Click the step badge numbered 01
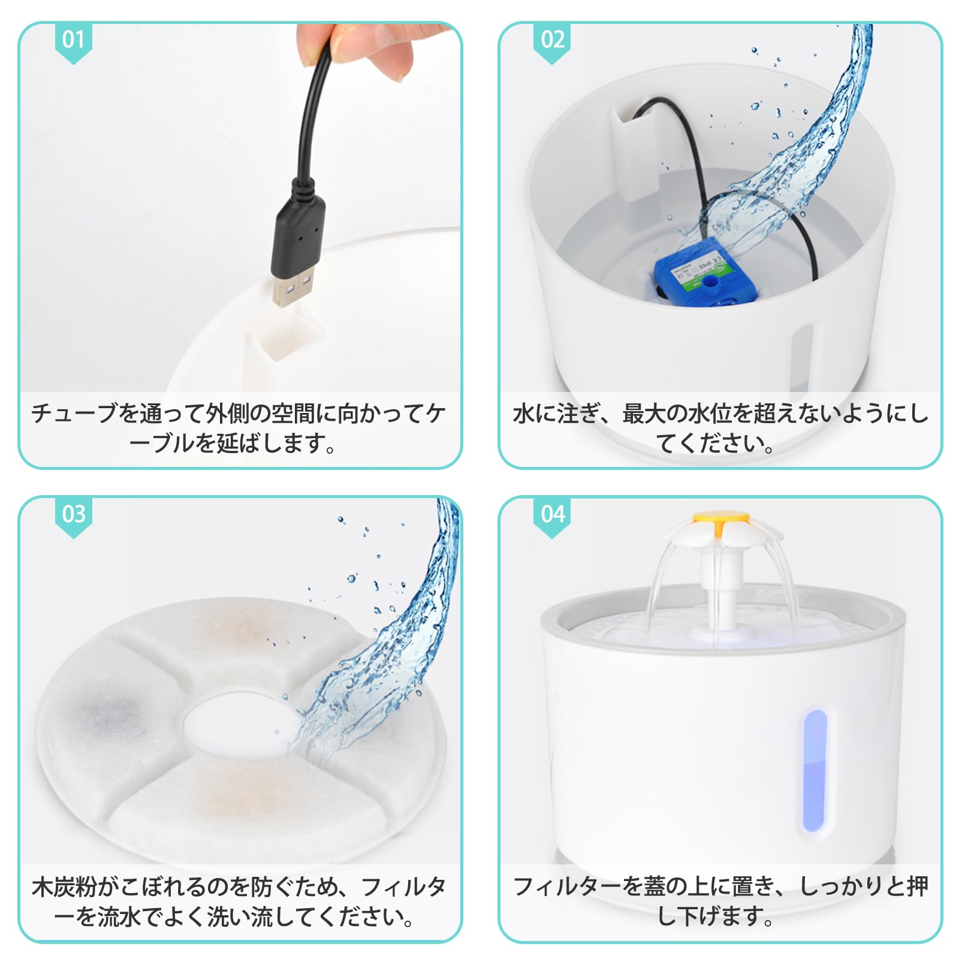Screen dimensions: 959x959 pyautogui.click(x=73, y=42)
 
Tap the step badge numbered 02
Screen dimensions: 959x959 pyautogui.click(x=552, y=42)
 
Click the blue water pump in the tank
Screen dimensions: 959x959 pyautogui.click(x=696, y=273)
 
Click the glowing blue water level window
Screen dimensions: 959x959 pyautogui.click(x=814, y=770)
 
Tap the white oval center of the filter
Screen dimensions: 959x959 pyautogui.click(x=240, y=726)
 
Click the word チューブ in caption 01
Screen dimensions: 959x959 pyautogui.click(x=74, y=414)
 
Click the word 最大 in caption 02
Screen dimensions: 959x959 pyautogui.click(x=644, y=414)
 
